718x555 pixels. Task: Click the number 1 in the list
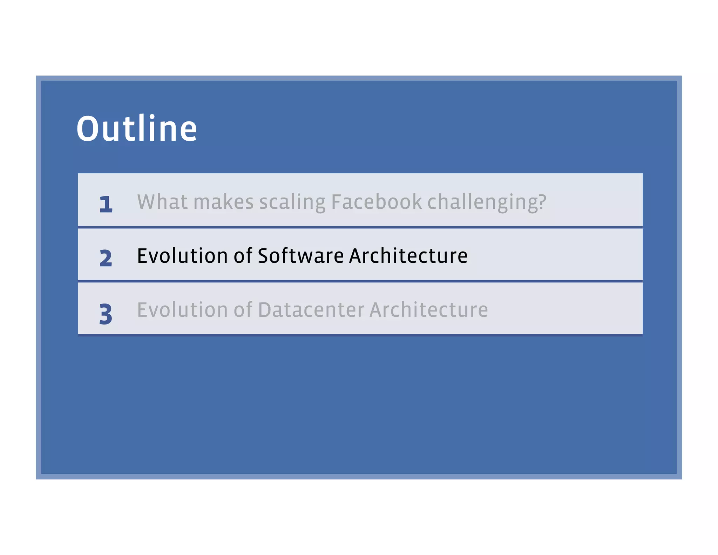point(106,204)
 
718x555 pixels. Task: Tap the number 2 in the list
point(106,258)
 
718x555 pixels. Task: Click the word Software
point(301,256)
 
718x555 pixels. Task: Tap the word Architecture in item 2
point(408,256)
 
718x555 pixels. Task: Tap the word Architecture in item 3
point(428,310)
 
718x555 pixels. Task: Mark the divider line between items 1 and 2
point(360,227)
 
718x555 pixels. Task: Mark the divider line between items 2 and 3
point(360,281)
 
